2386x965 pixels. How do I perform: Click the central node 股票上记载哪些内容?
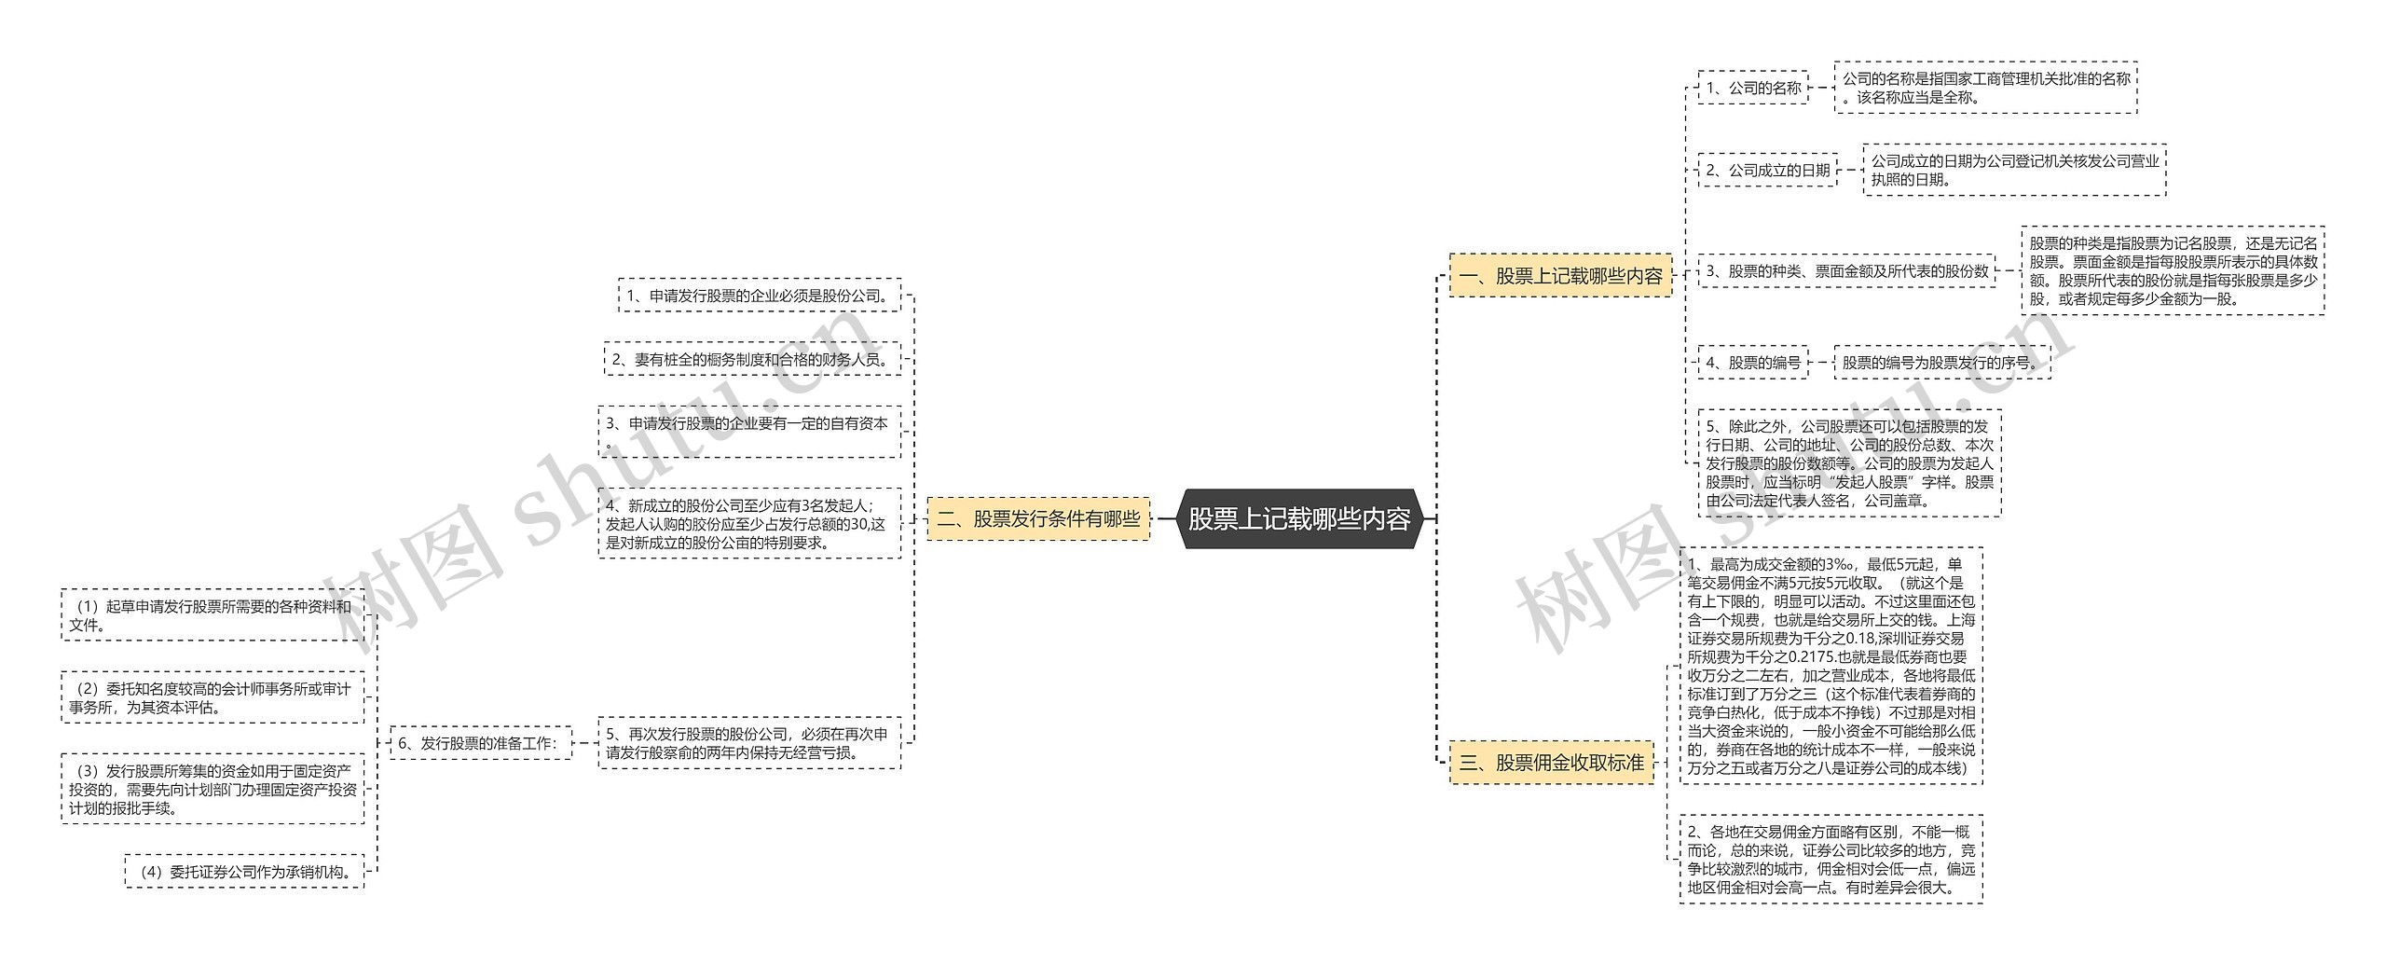coord(1299,518)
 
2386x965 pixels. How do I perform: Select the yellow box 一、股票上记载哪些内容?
coord(1560,276)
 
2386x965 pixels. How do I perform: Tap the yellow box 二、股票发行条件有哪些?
coord(1038,518)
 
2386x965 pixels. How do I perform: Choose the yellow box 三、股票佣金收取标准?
coord(1551,763)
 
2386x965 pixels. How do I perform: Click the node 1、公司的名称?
coord(1752,88)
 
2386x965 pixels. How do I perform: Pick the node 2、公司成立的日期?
coord(1767,170)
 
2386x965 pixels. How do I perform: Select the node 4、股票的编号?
coord(1752,362)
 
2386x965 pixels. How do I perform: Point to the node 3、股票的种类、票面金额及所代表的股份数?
coord(1846,271)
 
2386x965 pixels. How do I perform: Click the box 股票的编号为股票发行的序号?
coord(1942,362)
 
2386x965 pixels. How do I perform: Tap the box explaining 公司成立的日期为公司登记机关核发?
coord(2014,170)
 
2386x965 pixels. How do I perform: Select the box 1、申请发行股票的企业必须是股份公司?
coord(759,296)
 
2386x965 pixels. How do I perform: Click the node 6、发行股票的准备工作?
coord(480,743)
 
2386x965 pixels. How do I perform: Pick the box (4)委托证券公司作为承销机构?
coord(244,872)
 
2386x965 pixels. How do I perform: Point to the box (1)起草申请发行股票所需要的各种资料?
coord(213,615)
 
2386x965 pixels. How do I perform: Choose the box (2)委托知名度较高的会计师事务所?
coord(213,697)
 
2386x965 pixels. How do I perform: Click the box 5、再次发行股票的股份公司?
coord(749,743)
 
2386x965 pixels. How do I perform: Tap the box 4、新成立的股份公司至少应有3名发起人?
coord(749,523)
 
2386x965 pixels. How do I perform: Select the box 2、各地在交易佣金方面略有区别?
coord(1831,859)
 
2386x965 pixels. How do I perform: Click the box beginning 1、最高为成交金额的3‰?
coord(1831,666)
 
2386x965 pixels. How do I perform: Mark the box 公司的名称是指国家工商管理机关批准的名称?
coord(1985,88)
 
